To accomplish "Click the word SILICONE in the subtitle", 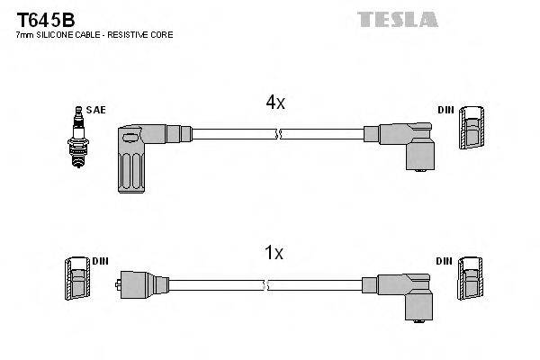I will click(x=56, y=34).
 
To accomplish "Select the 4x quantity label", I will click(x=274, y=103).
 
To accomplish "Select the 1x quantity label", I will click(x=274, y=254).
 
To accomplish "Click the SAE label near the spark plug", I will click(x=98, y=110).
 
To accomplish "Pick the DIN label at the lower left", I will click(x=99, y=260).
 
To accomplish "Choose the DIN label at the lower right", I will click(x=445, y=260).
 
